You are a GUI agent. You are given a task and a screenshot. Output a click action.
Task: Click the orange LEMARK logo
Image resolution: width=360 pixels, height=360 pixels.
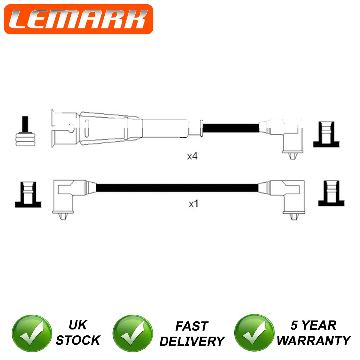pyautogui.click(x=79, y=19)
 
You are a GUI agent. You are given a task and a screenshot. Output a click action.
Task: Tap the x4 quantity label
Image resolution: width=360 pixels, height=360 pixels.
pyautogui.click(x=192, y=156)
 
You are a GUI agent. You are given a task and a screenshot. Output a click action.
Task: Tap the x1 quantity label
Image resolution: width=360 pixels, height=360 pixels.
pyautogui.click(x=194, y=204)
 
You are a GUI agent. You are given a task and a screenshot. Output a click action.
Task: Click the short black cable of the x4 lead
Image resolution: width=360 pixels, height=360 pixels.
pyautogui.click(x=231, y=128)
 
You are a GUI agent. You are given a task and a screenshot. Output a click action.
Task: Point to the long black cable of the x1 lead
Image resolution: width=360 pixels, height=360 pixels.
pyautogui.click(x=177, y=188)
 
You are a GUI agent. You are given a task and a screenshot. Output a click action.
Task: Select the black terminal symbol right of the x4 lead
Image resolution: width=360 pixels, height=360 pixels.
pyautogui.click(x=326, y=134)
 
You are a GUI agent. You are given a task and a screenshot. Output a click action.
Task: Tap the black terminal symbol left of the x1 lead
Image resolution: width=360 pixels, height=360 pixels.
pyautogui.click(x=28, y=194)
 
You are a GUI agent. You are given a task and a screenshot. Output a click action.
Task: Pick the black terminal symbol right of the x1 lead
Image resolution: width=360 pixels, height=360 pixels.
pyautogui.click(x=331, y=193)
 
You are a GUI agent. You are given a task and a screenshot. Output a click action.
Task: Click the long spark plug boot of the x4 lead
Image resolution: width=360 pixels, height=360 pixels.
pyautogui.click(x=120, y=128)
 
